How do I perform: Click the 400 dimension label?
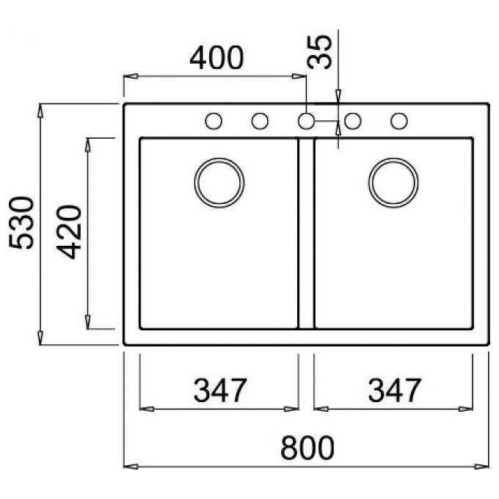click(216, 58)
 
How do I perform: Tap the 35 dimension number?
click(319, 52)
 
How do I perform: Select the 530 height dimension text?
click(21, 223)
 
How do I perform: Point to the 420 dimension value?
click(69, 232)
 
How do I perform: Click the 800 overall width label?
click(307, 448)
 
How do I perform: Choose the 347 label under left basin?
click(220, 390)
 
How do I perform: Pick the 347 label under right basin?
click(395, 390)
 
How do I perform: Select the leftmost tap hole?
click(214, 121)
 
